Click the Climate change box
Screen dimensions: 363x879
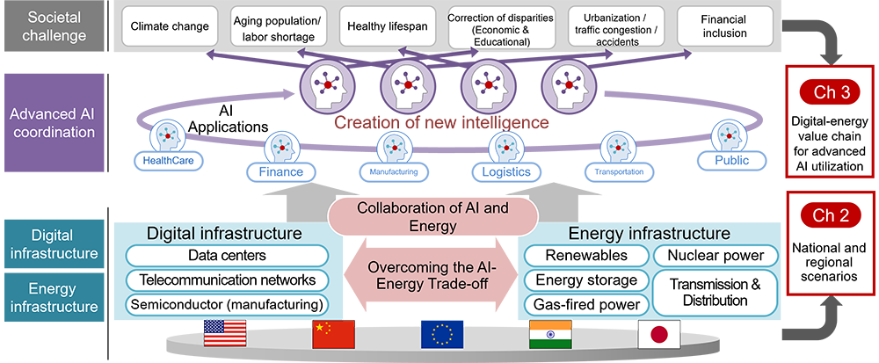click(170, 26)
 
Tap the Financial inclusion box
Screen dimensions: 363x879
click(724, 26)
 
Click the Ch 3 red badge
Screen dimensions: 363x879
click(830, 91)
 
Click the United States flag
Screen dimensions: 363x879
click(227, 334)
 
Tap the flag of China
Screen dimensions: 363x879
click(333, 334)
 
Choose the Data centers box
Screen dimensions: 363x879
click(228, 256)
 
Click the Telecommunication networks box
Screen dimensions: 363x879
click(228, 280)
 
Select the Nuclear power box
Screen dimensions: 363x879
click(716, 256)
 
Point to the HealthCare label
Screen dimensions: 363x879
click(168, 161)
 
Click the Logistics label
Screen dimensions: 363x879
click(505, 171)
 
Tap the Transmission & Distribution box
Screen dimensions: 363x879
click(716, 293)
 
